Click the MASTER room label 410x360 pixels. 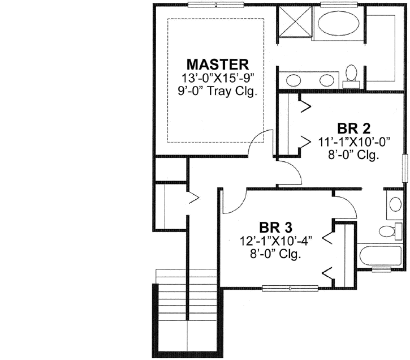coord(218,63)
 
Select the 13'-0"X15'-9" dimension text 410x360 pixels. coord(218,78)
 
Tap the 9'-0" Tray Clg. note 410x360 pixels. coord(218,91)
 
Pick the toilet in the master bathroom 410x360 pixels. coord(352,75)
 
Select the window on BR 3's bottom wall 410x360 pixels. coord(290,288)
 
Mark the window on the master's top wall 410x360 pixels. coord(217,5)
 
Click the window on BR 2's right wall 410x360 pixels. coord(404,168)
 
